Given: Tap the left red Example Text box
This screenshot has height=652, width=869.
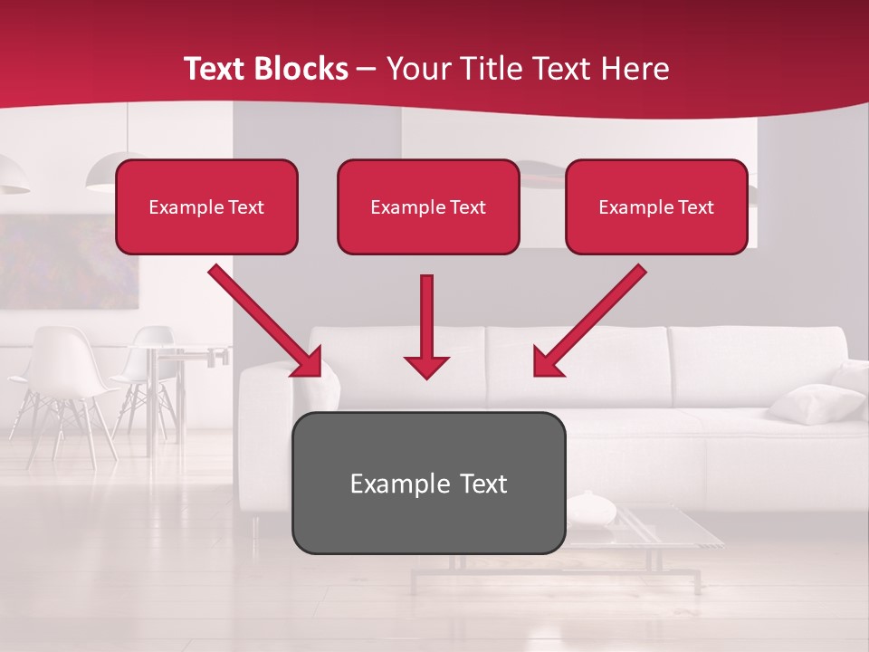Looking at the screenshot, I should point(206,206).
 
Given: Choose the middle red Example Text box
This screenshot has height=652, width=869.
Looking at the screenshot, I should point(428,206).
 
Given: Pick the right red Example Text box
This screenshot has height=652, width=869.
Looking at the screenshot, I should point(656,206).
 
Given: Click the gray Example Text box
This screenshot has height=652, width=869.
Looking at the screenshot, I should point(428,483).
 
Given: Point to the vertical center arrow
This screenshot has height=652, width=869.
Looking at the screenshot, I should point(426,326).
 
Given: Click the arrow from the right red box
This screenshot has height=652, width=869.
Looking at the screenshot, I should point(589,321).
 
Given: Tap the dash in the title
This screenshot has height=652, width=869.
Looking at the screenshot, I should point(367,69).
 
